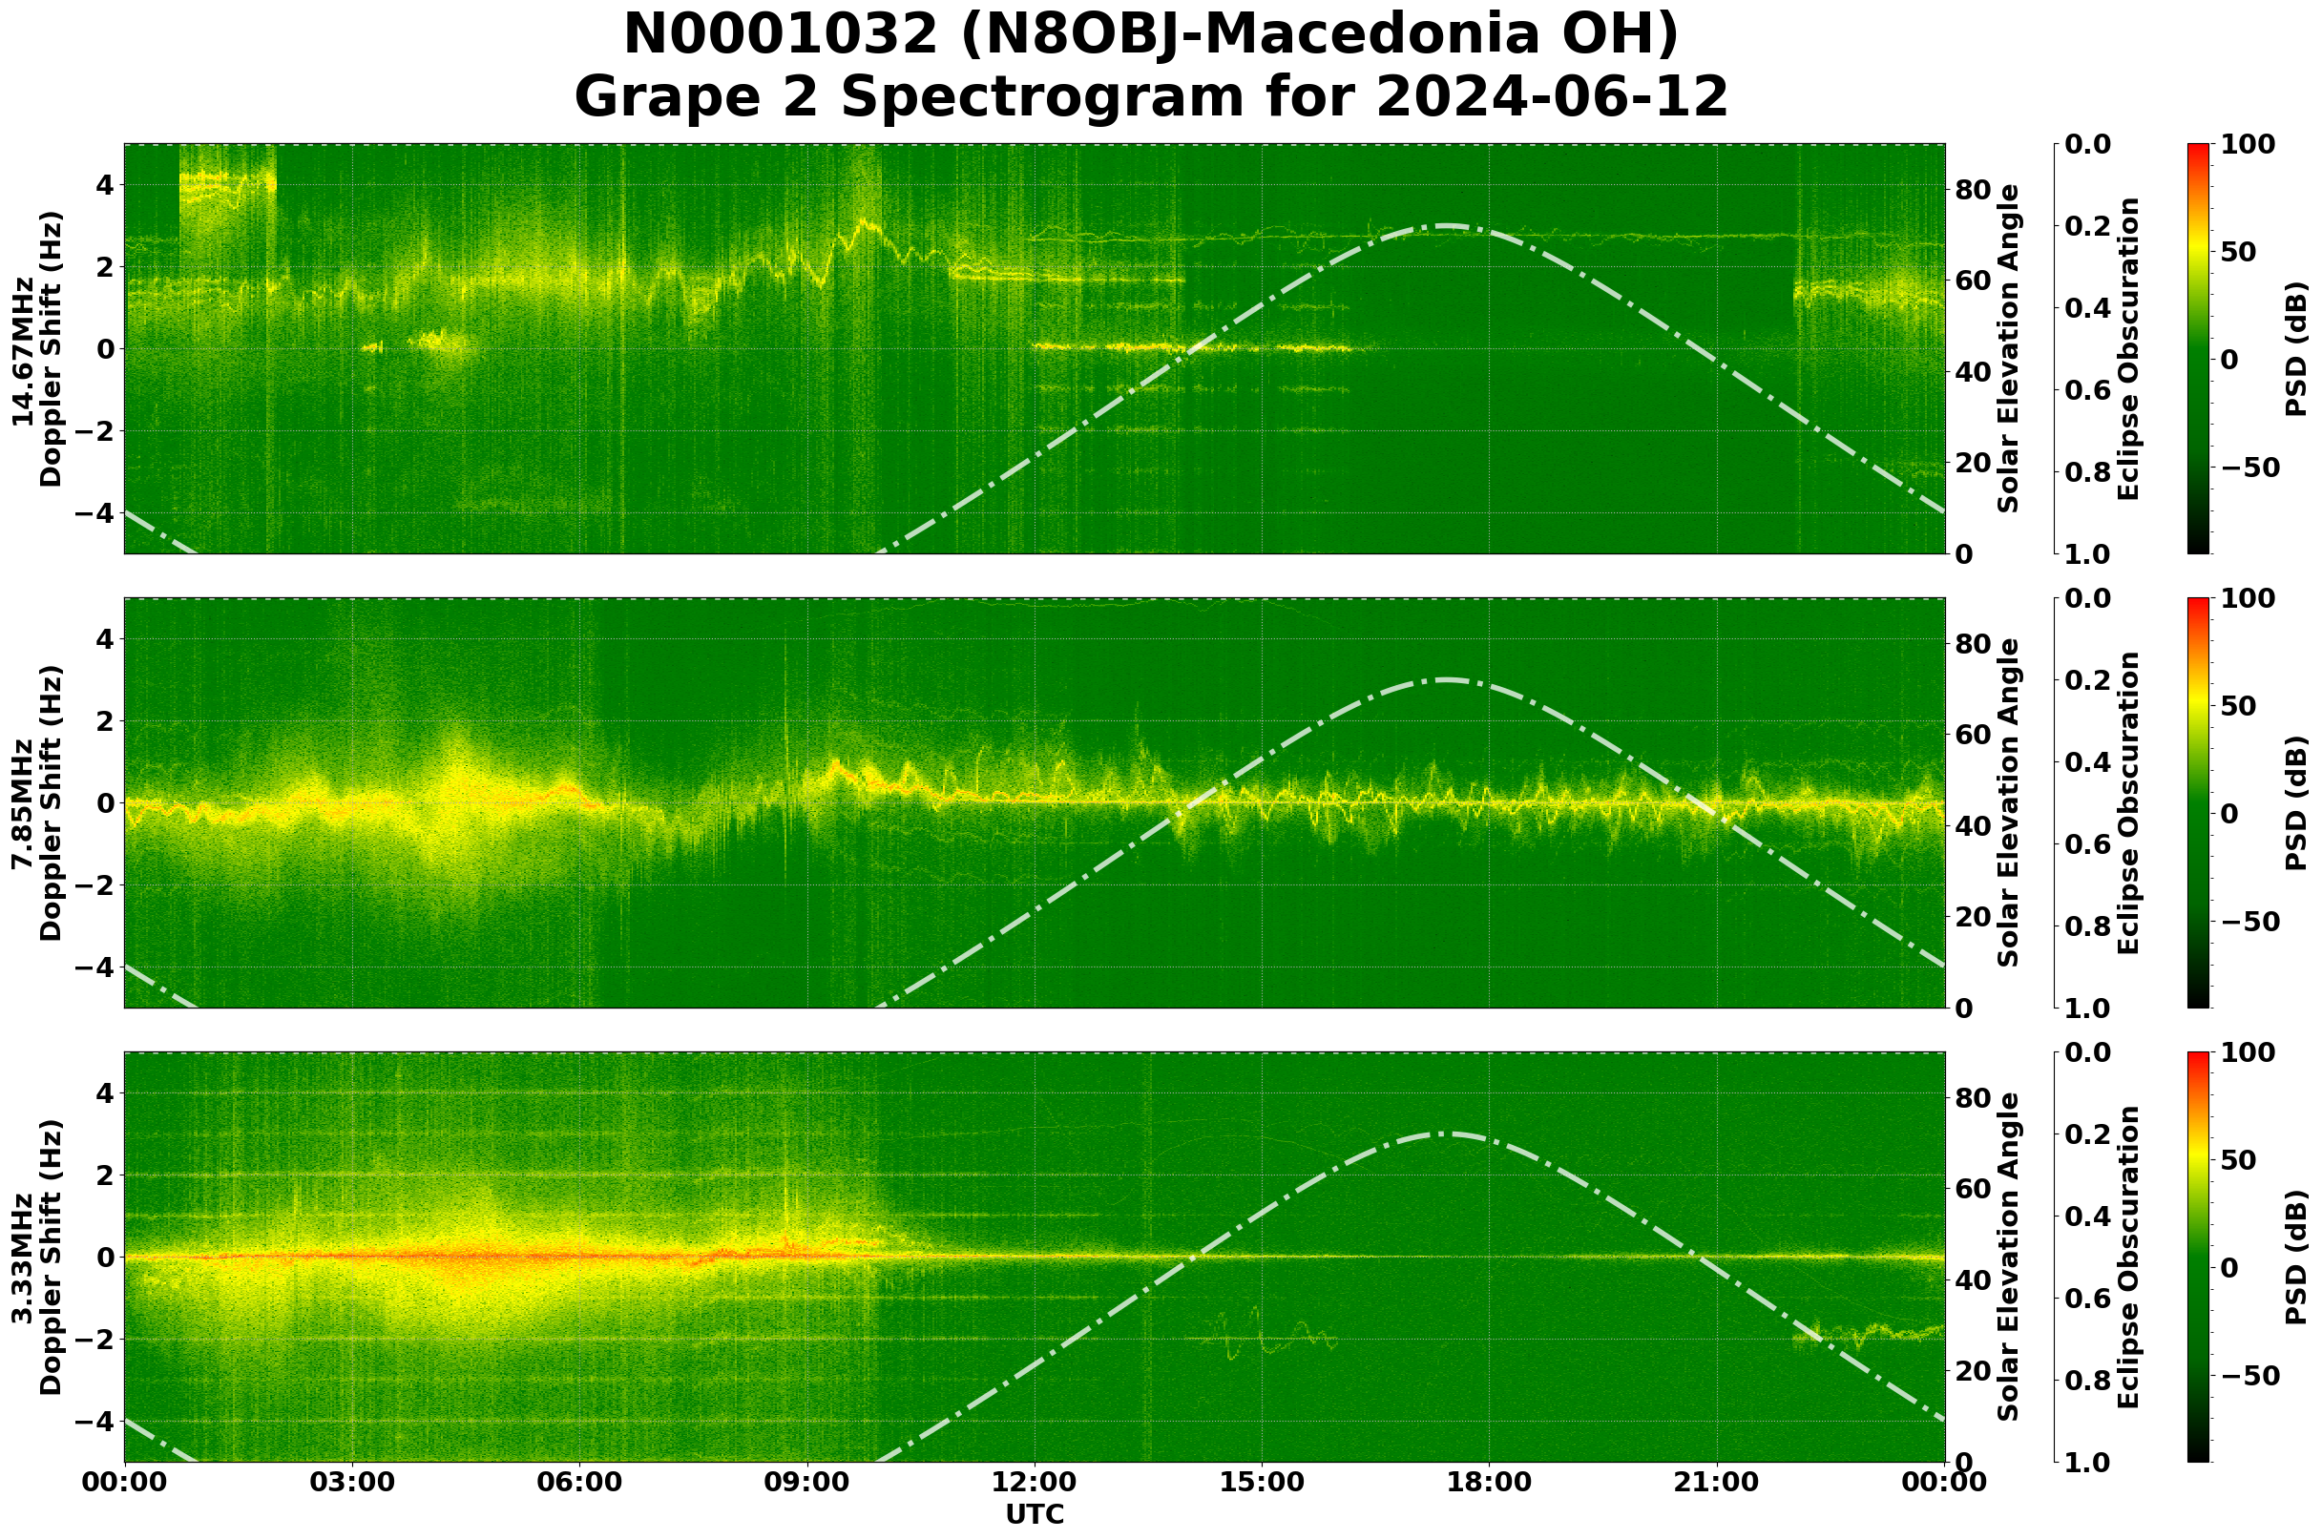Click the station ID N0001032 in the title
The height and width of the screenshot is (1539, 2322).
click(782, 35)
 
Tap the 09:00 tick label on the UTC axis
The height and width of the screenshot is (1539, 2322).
click(807, 1481)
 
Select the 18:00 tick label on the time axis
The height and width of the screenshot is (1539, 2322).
click(1489, 1481)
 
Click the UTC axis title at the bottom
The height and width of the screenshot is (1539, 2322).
click(1034, 1514)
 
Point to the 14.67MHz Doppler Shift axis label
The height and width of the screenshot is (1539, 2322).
click(36, 349)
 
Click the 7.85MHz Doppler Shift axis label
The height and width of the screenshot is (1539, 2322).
click(36, 802)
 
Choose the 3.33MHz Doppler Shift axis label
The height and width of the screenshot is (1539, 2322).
click(36, 1258)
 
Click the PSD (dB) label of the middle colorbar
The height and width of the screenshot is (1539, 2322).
click(2295, 802)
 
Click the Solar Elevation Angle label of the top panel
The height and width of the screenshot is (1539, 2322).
click(2009, 349)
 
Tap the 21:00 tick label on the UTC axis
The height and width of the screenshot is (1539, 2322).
click(1716, 1481)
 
